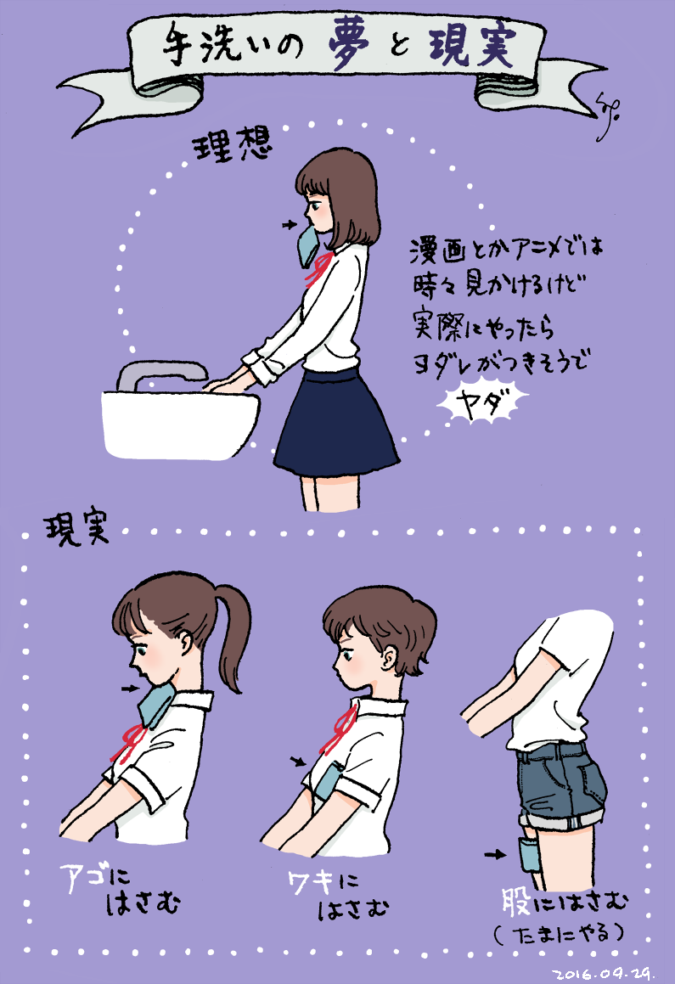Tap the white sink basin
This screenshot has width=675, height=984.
point(180,425)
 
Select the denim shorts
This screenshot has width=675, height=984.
point(561,784)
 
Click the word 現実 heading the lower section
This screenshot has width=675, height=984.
point(76,531)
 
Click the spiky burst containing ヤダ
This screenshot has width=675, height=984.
point(482,404)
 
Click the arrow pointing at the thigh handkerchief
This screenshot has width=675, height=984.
point(495,854)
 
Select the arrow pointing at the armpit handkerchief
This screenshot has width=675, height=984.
point(298,762)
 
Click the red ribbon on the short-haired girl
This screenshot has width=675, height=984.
point(340,729)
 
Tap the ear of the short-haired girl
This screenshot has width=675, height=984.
point(388,660)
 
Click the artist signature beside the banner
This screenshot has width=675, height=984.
point(605,108)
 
